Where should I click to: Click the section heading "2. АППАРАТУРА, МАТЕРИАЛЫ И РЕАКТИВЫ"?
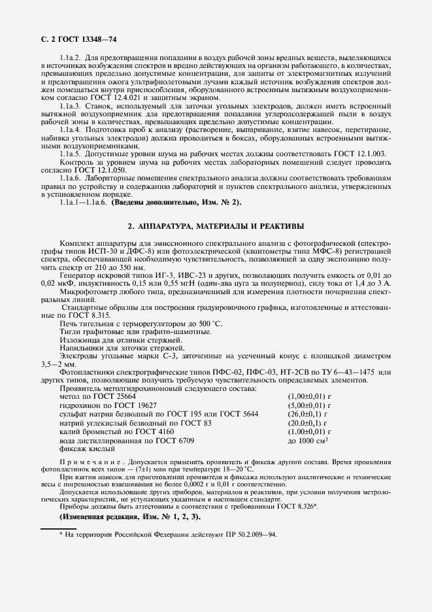(x=216, y=226)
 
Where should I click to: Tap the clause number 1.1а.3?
(x=70, y=105)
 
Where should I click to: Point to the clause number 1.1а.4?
(x=70, y=130)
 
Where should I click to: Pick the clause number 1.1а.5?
(x=70, y=152)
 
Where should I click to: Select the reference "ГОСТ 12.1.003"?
(x=363, y=152)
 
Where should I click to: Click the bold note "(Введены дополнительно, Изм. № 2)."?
(x=176, y=202)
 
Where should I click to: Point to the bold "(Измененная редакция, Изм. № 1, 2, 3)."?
(x=130, y=517)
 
